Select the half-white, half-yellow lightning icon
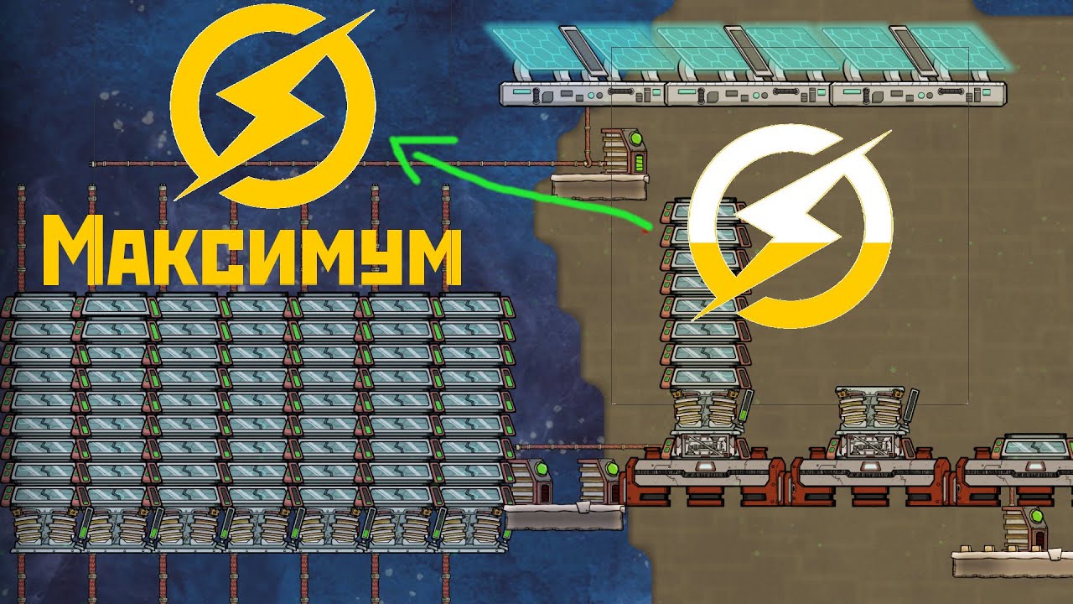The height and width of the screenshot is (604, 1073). pyautogui.click(x=791, y=226)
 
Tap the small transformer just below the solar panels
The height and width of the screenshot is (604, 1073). pyautogui.click(x=625, y=152)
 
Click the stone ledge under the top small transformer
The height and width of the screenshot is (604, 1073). pyautogui.click(x=600, y=185)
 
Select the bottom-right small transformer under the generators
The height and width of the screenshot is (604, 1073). pyautogui.click(x=1024, y=528)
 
